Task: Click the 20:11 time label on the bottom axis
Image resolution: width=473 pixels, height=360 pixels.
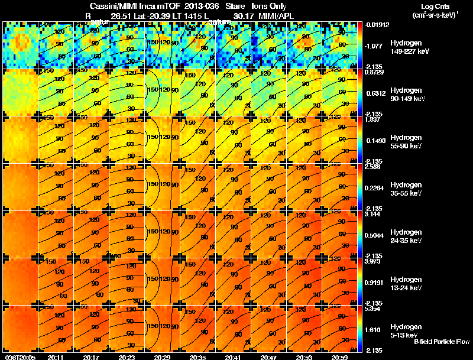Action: tap(56, 357)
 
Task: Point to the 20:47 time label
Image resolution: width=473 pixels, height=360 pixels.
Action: tap(268, 357)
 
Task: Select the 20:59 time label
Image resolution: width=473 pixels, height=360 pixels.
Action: tap(339, 357)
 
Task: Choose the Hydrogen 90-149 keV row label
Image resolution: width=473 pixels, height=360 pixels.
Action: tap(407, 95)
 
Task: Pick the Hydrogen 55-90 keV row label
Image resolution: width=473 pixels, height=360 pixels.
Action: tap(406, 142)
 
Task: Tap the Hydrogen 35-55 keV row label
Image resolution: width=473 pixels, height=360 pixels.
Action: tap(406, 189)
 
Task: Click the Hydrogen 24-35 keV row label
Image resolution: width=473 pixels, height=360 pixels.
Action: tap(406, 236)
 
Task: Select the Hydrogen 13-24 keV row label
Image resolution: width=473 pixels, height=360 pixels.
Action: tap(406, 284)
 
